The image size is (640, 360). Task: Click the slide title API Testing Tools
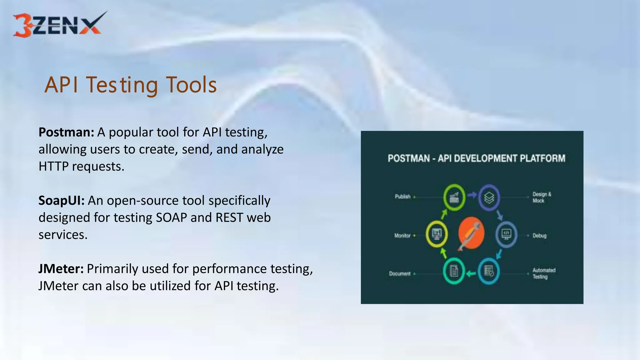click(131, 85)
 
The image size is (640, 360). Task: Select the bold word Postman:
click(66, 132)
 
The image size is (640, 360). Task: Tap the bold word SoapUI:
click(61, 201)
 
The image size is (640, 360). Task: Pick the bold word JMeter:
click(61, 269)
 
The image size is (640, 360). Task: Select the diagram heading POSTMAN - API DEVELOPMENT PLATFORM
click(476, 158)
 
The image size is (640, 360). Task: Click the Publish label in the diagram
click(402, 197)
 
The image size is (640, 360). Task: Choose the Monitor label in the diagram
click(402, 236)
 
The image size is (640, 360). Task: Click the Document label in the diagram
click(400, 274)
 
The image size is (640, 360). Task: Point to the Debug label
click(539, 236)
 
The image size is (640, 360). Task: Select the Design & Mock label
click(542, 197)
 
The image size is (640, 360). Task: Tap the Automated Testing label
click(544, 273)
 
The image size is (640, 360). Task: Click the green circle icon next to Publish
click(454, 197)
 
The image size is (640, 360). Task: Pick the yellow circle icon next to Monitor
click(437, 234)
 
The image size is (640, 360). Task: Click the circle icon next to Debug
click(506, 234)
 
